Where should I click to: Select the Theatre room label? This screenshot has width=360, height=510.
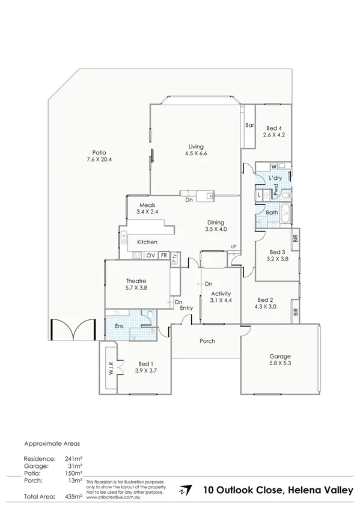(136, 280)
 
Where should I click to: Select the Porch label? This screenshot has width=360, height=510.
(207, 341)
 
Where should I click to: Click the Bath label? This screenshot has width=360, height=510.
(272, 212)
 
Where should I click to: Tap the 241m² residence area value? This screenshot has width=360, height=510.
(73, 458)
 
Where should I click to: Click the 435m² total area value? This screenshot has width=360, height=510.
(73, 497)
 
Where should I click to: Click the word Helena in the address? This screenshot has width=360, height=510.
(305, 490)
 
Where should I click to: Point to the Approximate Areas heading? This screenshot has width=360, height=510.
(52, 444)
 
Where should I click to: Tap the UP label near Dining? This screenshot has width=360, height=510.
(234, 247)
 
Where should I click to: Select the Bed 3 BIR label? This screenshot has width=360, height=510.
(295, 238)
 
